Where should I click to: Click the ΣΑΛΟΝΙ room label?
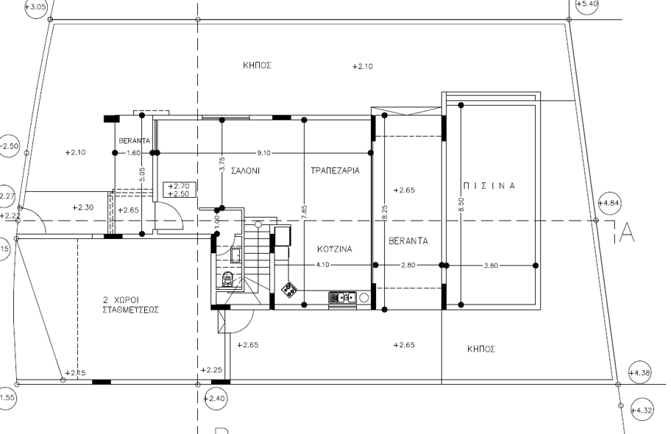pyautogui.click(x=245, y=171)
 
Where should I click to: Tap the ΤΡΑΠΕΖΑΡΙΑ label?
pyautogui.click(x=335, y=171)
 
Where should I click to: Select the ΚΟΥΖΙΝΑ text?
pyautogui.click(x=335, y=249)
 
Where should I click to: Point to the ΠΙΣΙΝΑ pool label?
pyautogui.click(x=489, y=186)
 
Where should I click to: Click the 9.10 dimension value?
pyautogui.click(x=263, y=153)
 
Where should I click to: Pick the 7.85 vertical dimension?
pyautogui.click(x=304, y=213)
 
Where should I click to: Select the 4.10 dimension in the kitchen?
pyautogui.click(x=323, y=265)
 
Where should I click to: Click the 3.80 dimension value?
pyautogui.click(x=491, y=266)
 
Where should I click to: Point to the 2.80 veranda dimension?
pyautogui.click(x=408, y=265)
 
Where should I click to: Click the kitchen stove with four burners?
pyautogui.click(x=289, y=290)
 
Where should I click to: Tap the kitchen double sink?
pyautogui.click(x=342, y=297)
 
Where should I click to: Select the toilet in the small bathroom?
pyautogui.click(x=227, y=279)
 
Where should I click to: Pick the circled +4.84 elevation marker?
pyautogui.click(x=609, y=203)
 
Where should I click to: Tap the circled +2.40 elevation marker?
pyautogui.click(x=215, y=399)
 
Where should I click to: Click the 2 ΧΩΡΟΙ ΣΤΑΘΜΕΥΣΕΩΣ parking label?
pyautogui.click(x=130, y=305)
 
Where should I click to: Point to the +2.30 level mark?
pyautogui.click(x=82, y=207)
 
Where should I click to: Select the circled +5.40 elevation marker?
pyautogui.click(x=586, y=4)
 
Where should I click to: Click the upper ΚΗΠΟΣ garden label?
pyautogui.click(x=258, y=65)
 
